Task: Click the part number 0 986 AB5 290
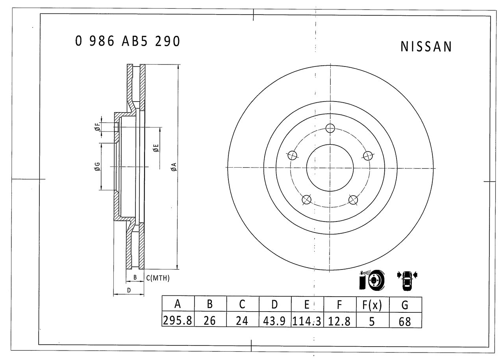[128, 41]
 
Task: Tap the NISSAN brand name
[426, 47]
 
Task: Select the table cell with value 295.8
[178, 321]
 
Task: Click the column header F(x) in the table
[372, 304]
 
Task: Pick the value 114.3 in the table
[307, 321]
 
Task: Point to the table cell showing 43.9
[275, 321]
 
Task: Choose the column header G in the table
[405, 304]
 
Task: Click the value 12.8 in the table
[339, 321]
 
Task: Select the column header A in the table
[178, 304]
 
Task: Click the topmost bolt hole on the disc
[330, 128]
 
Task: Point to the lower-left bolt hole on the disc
[306, 200]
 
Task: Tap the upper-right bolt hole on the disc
[367, 155]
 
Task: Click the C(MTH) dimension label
[158, 278]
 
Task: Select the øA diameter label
[174, 167]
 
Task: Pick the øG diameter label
[97, 167]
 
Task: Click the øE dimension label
[156, 148]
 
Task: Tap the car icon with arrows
[407, 280]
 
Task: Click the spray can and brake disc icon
[372, 280]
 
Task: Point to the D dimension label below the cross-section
[129, 290]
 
